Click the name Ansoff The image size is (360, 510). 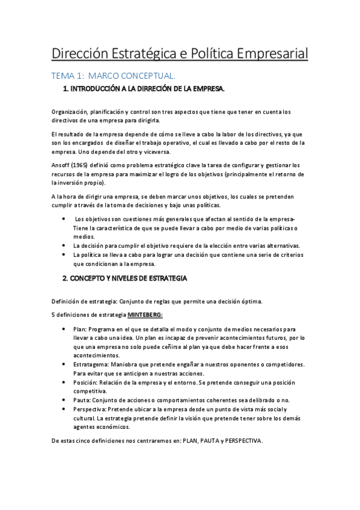pyautogui.click(x=61, y=164)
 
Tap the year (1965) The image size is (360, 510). pyautogui.click(x=82, y=164)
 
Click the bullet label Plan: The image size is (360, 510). pyautogui.click(x=79, y=330)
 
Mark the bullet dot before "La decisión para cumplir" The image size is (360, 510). pyautogui.click(x=64, y=246)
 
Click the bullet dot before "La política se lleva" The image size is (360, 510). pyautogui.click(x=64, y=255)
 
